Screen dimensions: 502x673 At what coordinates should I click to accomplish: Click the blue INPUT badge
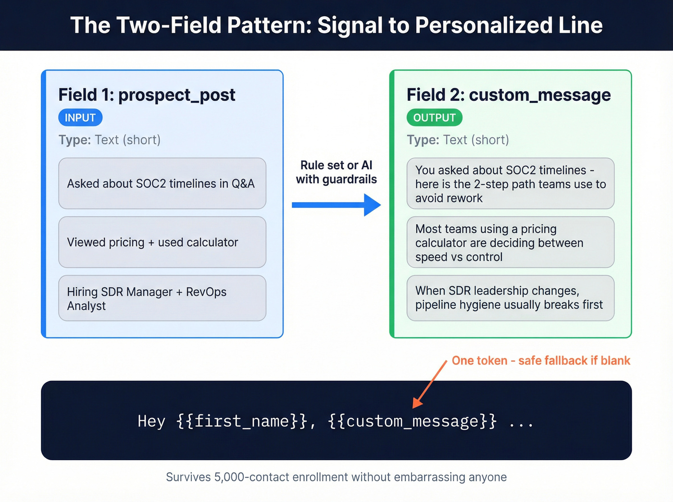[80, 118]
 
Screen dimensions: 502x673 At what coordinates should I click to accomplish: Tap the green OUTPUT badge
[434, 118]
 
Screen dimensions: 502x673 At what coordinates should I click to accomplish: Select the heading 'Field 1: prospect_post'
[147, 95]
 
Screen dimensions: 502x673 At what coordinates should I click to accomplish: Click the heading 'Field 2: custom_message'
[509, 95]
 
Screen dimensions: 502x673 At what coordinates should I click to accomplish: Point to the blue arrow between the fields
[336, 205]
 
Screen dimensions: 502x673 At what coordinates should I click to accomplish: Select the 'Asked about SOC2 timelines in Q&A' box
[162, 184]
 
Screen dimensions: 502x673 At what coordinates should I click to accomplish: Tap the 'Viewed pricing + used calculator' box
[162, 242]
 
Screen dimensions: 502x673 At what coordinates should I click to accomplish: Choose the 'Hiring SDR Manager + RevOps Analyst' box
[162, 298]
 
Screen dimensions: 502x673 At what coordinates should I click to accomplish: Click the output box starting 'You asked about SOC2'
[510, 184]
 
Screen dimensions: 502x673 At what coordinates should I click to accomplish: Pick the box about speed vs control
[510, 242]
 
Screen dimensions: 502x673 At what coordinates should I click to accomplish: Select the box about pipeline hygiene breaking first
[510, 298]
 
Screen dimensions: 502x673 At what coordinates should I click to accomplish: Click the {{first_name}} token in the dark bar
[242, 421]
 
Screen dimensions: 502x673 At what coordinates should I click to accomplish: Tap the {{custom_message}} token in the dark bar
[412, 421]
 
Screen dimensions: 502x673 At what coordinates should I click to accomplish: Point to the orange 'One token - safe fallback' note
[541, 361]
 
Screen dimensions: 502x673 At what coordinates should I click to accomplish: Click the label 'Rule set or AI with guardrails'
[336, 172]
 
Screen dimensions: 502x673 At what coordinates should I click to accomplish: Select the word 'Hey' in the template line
[151, 421]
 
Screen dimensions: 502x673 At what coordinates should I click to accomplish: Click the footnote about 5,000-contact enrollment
[336, 477]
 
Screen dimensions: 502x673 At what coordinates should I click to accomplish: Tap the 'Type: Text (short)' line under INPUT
[110, 140]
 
